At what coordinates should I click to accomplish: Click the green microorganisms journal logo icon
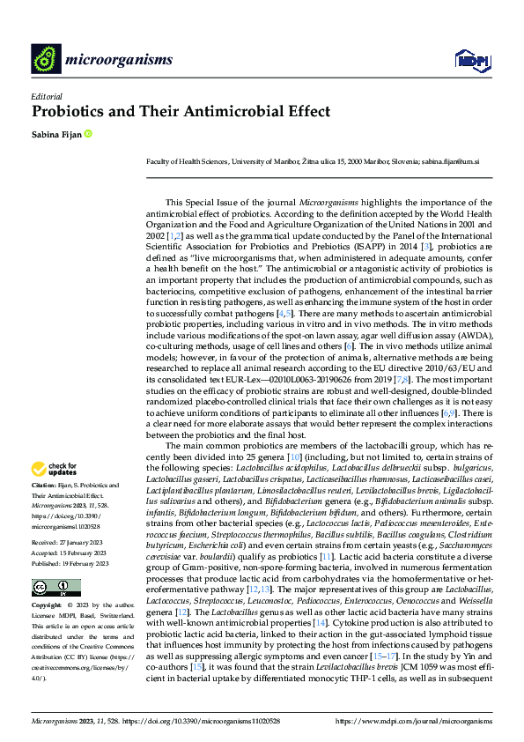[x=47, y=59]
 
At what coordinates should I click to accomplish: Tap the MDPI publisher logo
[x=470, y=60]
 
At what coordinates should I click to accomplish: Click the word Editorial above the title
[x=46, y=97]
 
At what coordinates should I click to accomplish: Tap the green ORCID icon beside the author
[x=87, y=134]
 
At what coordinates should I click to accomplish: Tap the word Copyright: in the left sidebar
[x=47, y=581]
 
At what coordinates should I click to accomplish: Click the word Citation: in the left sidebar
[x=44, y=486]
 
